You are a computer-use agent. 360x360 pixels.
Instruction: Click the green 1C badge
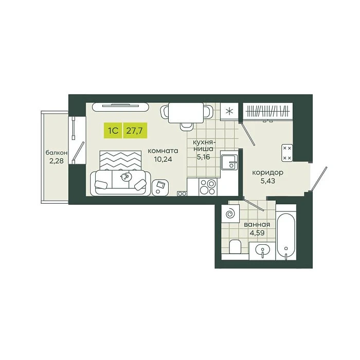click(114, 131)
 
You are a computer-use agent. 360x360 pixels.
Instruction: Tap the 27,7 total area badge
click(135, 131)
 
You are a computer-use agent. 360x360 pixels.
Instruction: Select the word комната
click(163, 151)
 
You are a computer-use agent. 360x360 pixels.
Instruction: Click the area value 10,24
click(163, 159)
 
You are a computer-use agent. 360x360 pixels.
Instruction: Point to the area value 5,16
click(204, 157)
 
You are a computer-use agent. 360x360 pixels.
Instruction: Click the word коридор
click(268, 173)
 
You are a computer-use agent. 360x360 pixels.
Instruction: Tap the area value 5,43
click(268, 181)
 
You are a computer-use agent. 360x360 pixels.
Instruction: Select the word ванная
click(257, 225)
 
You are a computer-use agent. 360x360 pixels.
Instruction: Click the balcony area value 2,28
click(57, 160)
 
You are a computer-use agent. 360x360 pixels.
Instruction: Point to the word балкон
click(57, 153)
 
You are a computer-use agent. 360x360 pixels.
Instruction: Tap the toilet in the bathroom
click(235, 246)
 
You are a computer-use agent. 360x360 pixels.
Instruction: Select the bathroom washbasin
click(262, 250)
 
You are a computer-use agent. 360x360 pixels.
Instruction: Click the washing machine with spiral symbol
click(230, 214)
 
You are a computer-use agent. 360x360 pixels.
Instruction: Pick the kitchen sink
click(229, 162)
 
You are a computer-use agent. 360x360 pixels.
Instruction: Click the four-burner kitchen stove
click(208, 187)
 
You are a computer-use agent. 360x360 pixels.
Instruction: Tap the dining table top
click(186, 113)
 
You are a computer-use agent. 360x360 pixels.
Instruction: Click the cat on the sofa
click(125, 177)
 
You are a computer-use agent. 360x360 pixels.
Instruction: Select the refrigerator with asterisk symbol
click(229, 112)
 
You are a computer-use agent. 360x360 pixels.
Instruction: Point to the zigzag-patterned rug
click(120, 160)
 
